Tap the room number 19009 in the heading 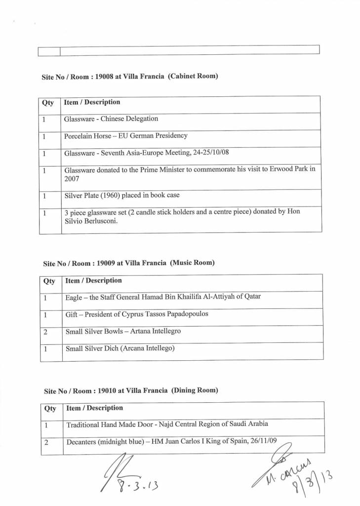point(106,263)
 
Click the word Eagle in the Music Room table point(74,297)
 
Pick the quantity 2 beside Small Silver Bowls point(45,332)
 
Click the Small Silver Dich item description point(120,348)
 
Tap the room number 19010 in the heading point(107,390)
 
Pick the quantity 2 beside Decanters point(46,442)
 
